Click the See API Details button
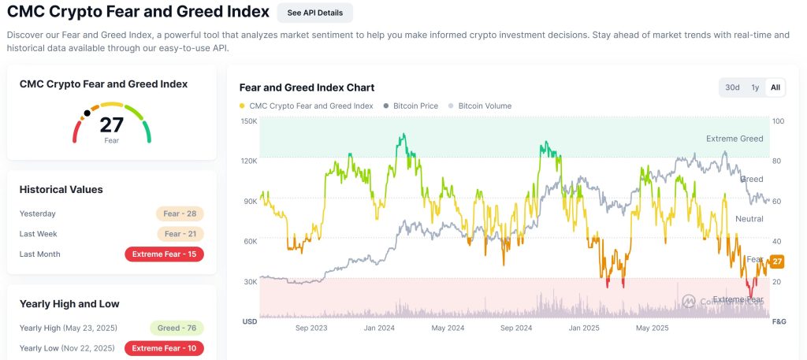(315, 13)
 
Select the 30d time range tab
(733, 87)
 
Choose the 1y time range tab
(755, 87)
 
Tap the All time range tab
(775, 87)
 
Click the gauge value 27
(112, 124)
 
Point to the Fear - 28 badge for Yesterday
(180, 213)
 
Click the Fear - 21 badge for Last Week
(180, 234)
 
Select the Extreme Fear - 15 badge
(164, 254)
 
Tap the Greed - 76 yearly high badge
(177, 328)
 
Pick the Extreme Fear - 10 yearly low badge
(164, 348)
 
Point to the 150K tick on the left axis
(249, 121)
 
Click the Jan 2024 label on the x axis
(380, 328)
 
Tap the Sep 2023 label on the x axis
(312, 328)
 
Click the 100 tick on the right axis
(779, 121)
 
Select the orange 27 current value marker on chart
(776, 262)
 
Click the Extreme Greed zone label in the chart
(734, 139)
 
